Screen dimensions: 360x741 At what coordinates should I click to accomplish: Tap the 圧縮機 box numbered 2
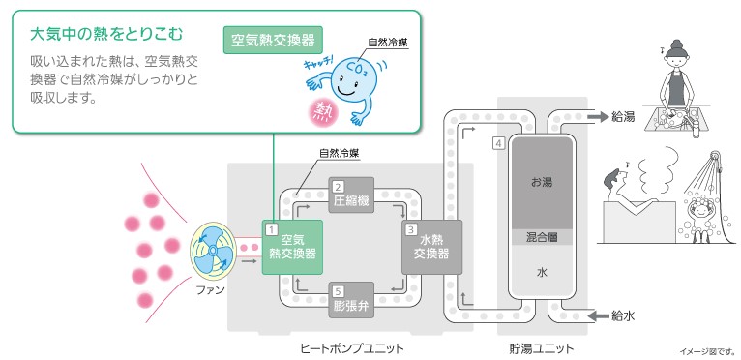click(352, 198)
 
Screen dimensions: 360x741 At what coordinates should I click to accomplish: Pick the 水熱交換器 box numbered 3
click(430, 248)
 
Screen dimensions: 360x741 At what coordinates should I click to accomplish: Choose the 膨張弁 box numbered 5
click(352, 300)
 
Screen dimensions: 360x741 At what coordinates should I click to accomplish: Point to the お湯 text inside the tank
click(542, 182)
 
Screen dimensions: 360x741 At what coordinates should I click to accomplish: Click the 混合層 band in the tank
click(542, 237)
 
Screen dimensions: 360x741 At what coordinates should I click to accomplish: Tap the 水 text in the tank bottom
click(542, 274)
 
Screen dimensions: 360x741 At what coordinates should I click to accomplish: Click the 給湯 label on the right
click(624, 116)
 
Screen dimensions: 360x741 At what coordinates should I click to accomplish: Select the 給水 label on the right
click(624, 315)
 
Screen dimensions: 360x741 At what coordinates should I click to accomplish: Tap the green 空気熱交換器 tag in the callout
click(272, 42)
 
